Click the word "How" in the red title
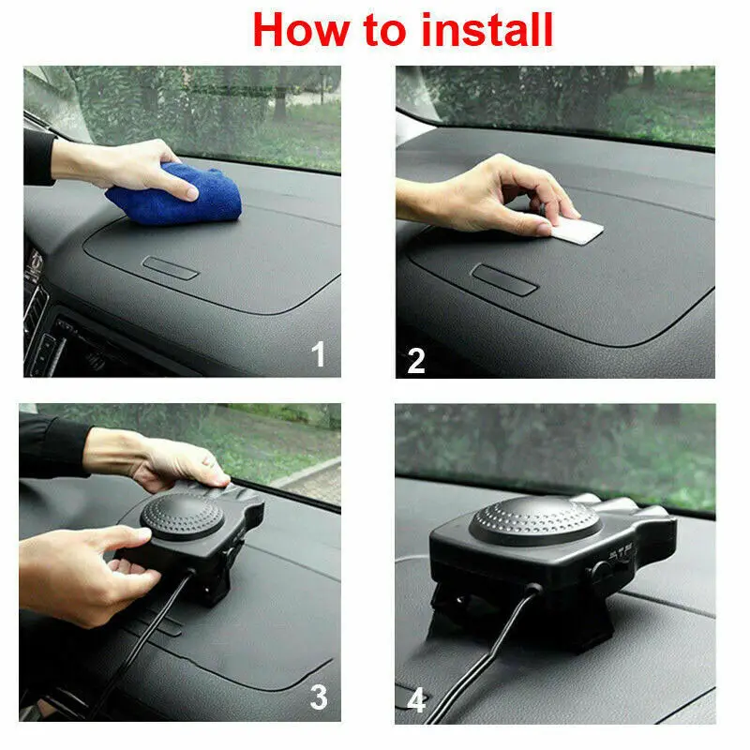click(301, 30)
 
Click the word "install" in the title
click(487, 30)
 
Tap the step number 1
click(319, 353)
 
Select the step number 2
click(416, 361)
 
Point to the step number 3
click(319, 697)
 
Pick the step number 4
click(416, 700)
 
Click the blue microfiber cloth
click(174, 195)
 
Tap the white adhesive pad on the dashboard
click(577, 232)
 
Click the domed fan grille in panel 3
click(182, 517)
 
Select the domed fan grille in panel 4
click(534, 521)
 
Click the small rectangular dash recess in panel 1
click(171, 268)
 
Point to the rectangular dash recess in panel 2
click(504, 279)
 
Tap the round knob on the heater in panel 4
click(600, 571)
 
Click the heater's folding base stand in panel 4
click(521, 617)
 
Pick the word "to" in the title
click(384, 31)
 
